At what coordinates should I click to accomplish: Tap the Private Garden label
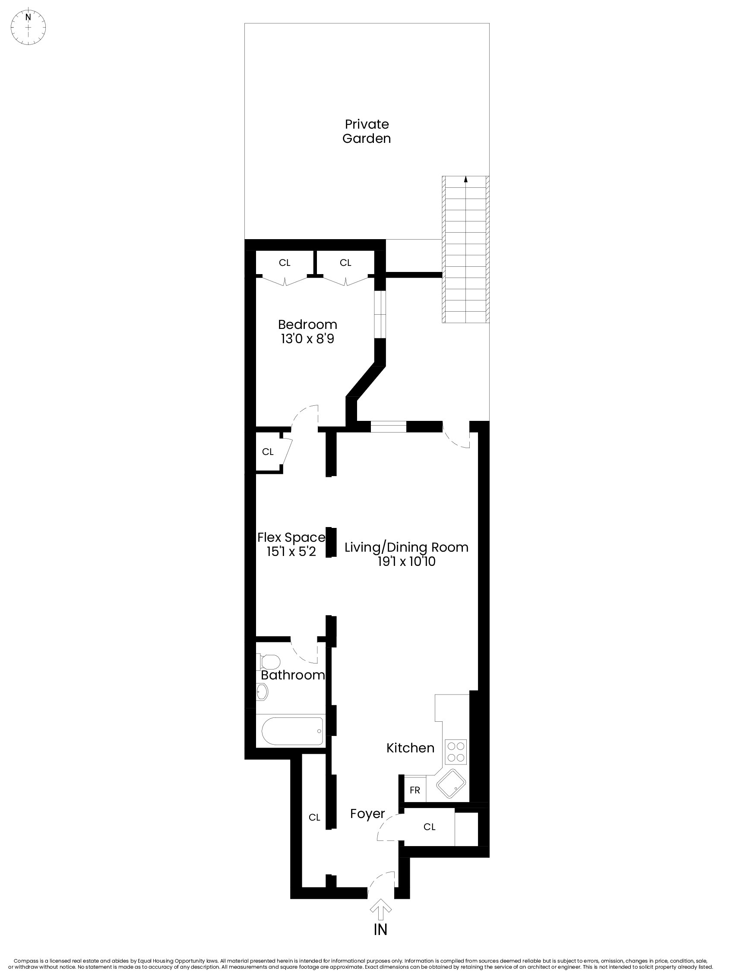pyautogui.click(x=366, y=131)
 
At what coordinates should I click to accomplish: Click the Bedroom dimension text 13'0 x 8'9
pyautogui.click(x=307, y=339)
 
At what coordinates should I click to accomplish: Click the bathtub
pyautogui.click(x=292, y=731)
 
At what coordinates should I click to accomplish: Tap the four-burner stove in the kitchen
pyautogui.click(x=456, y=752)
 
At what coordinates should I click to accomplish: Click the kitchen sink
pyautogui.click(x=451, y=784)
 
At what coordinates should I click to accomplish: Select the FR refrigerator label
pyautogui.click(x=414, y=790)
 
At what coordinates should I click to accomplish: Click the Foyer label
pyautogui.click(x=367, y=814)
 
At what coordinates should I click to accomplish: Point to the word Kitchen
pyautogui.click(x=410, y=748)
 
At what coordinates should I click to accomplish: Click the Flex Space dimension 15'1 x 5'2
pyautogui.click(x=291, y=552)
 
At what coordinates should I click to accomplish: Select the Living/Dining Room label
pyautogui.click(x=406, y=547)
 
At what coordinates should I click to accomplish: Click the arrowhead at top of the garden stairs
pyautogui.click(x=465, y=179)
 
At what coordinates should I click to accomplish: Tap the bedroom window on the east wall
pyautogui.click(x=380, y=314)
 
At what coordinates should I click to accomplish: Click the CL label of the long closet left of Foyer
pyautogui.click(x=314, y=818)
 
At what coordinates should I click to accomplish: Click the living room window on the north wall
pyautogui.click(x=388, y=426)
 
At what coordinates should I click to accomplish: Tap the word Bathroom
pyautogui.click(x=293, y=675)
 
